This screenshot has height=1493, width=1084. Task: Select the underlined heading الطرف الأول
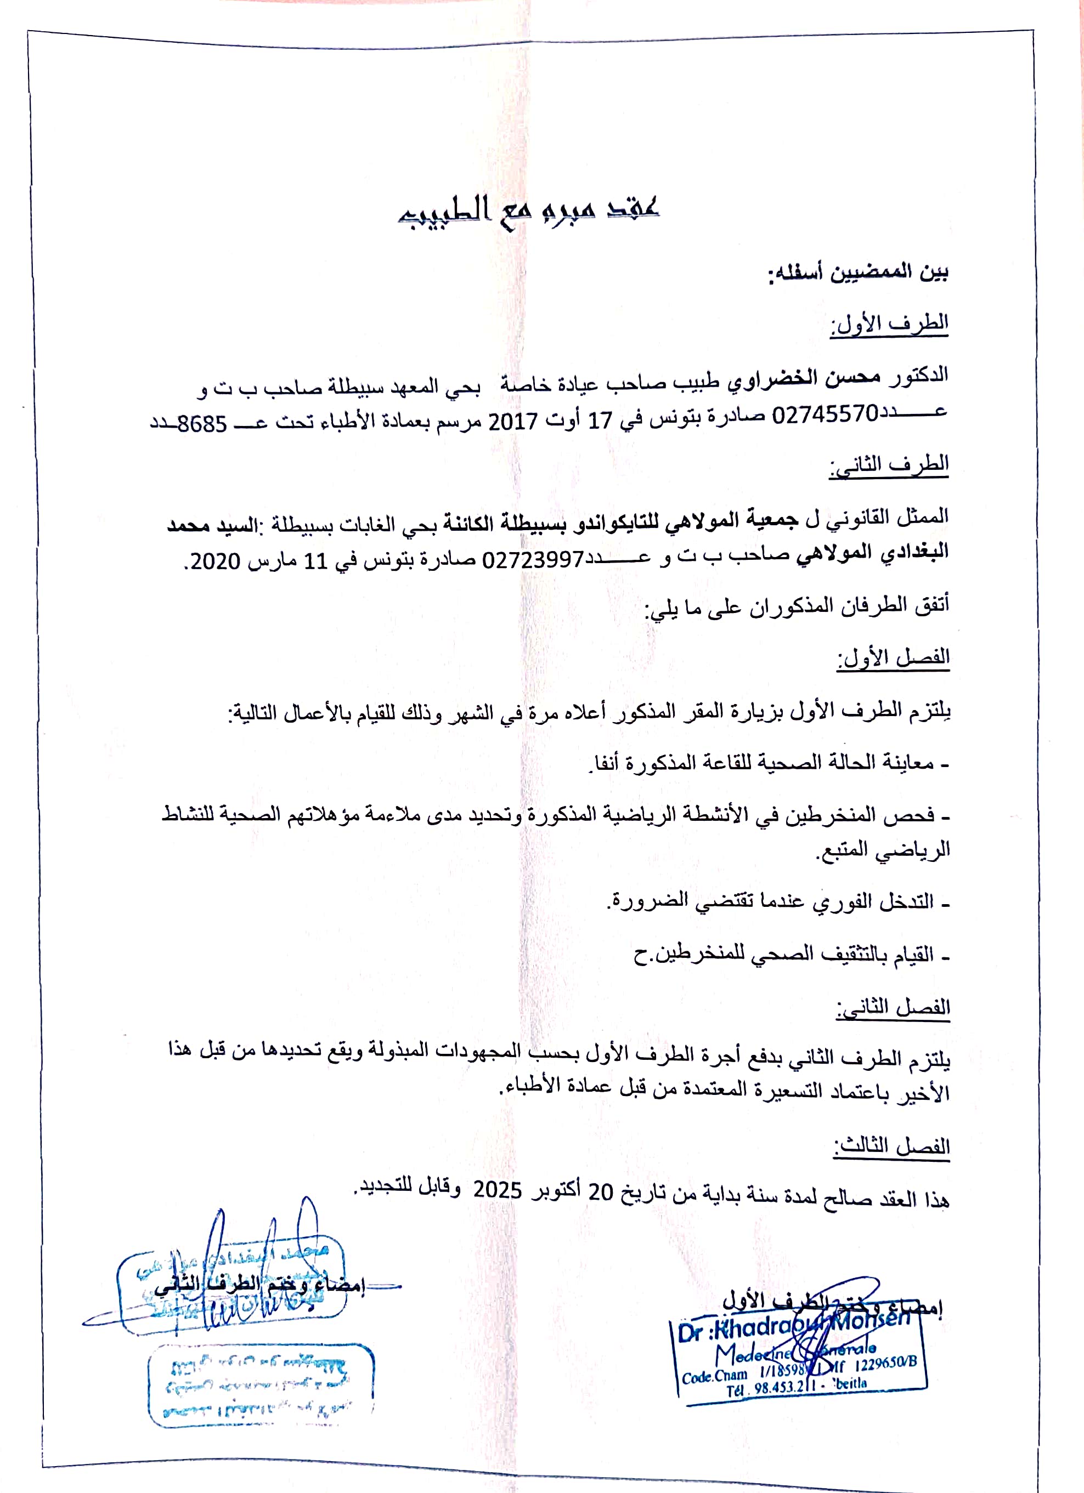click(889, 324)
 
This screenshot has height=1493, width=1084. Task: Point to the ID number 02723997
click(533, 560)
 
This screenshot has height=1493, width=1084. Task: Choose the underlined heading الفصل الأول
click(893, 657)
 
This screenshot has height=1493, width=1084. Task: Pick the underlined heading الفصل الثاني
click(893, 1007)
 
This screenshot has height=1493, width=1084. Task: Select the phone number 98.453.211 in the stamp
click(784, 1387)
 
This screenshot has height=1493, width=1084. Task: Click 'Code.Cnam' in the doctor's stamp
click(715, 1376)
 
